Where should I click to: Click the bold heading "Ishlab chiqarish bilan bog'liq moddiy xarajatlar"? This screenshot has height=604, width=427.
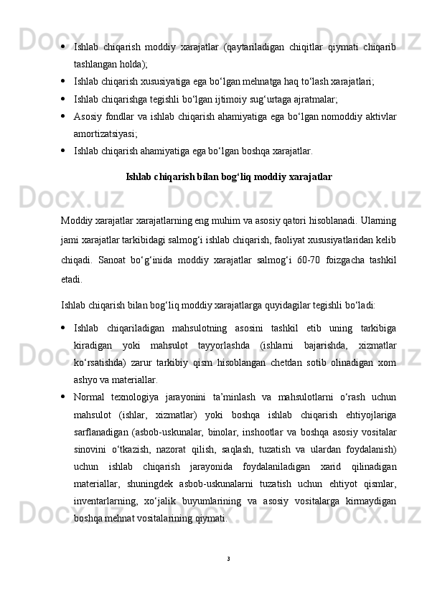tap(228, 176)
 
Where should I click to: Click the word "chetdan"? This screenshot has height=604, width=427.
tap(286, 362)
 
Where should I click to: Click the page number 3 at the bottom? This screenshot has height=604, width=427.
tap(227, 557)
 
